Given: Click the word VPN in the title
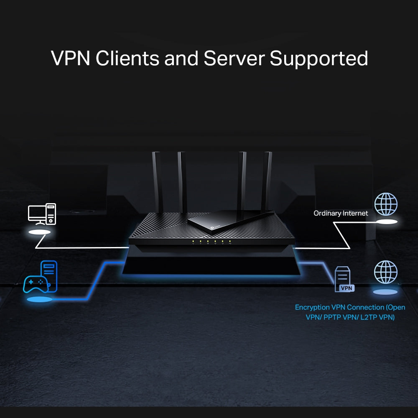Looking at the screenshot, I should point(70,58).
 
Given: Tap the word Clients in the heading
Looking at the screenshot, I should point(127,58).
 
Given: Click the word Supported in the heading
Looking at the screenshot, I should point(319,58).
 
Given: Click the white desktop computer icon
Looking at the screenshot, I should point(42,214).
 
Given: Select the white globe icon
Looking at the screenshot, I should point(386,204).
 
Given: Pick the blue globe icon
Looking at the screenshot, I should point(386,272).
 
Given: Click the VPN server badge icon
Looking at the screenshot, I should point(344,279).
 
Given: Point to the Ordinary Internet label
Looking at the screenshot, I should point(341,213).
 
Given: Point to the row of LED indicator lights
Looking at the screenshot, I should point(211,242).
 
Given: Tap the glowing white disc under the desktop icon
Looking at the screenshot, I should point(40,232).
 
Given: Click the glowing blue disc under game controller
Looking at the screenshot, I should point(40,299).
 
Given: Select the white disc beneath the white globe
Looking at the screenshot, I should point(386,222).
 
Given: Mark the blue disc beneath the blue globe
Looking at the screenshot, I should point(385,292).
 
